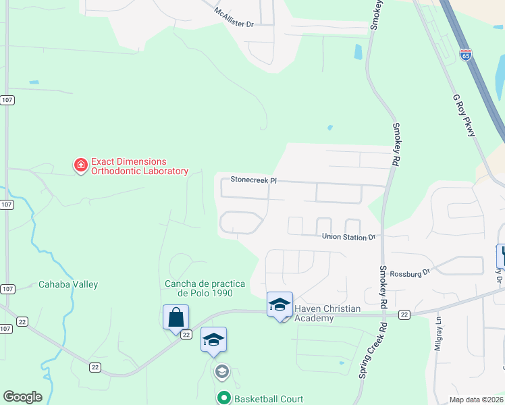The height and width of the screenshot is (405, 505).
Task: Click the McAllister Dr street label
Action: (234, 18)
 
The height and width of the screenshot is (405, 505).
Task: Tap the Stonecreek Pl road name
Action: (254, 180)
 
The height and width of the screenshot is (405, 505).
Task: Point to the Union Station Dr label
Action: (348, 237)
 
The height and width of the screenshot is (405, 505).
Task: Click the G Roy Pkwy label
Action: (464, 115)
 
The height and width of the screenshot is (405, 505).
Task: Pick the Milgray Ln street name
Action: (439, 334)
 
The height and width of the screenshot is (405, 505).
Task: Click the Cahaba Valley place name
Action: (68, 285)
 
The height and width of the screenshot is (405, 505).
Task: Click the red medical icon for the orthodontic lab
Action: (80, 164)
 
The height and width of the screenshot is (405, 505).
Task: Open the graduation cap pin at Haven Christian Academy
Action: (280, 304)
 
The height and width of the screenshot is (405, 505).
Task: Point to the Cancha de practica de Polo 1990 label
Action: (198, 288)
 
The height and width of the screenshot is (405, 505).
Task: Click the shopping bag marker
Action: (176, 317)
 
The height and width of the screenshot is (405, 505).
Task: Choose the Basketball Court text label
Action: (269, 399)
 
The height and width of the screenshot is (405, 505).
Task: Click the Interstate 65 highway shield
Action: (466, 55)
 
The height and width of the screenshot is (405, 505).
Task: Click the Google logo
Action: (22, 397)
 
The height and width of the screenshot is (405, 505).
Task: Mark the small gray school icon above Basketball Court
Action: (221, 371)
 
